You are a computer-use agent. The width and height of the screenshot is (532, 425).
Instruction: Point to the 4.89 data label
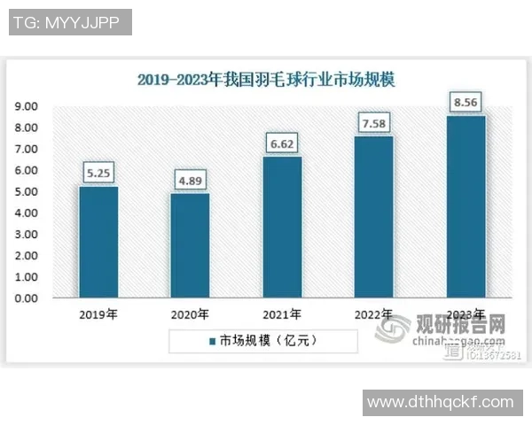click(x=190, y=181)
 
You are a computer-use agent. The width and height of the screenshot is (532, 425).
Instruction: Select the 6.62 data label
click(x=282, y=143)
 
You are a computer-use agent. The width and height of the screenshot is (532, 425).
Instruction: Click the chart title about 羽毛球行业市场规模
click(x=266, y=80)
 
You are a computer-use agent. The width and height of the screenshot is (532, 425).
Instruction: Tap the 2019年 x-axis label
click(x=98, y=313)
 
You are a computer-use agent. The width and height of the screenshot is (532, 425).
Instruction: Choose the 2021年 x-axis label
click(x=282, y=313)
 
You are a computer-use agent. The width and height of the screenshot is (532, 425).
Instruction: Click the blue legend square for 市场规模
click(x=213, y=340)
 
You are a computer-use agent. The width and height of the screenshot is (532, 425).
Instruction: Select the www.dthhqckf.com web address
click(x=440, y=402)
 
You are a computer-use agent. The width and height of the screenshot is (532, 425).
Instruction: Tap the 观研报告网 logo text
click(x=461, y=325)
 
